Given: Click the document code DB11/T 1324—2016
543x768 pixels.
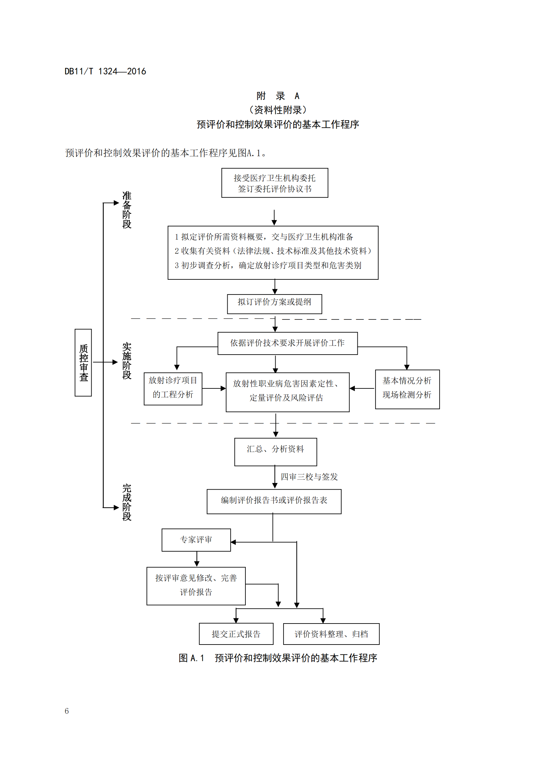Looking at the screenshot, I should click(x=105, y=71).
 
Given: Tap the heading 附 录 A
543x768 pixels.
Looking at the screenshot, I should click(x=277, y=96).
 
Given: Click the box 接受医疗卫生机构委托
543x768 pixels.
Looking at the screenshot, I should click(x=274, y=183).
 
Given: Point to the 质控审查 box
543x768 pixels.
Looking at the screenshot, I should click(x=83, y=362).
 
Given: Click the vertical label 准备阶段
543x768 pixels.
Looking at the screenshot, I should click(x=127, y=210).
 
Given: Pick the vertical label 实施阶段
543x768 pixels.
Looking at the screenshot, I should click(x=127, y=361).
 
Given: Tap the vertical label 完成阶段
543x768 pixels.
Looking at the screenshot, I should click(x=127, y=502).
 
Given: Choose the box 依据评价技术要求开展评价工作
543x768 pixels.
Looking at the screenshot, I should click(x=287, y=343).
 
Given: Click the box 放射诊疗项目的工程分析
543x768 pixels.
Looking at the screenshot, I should click(x=173, y=388).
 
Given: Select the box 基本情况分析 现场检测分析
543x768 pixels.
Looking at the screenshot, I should click(x=407, y=389).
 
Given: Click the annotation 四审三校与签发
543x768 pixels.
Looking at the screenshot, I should click(x=309, y=477).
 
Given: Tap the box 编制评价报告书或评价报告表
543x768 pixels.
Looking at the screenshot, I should click(x=274, y=501).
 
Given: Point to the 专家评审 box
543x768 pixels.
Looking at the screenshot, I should click(x=196, y=539).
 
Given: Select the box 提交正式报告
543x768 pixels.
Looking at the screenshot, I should click(x=236, y=633).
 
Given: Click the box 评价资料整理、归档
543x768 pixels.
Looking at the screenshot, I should click(x=331, y=633).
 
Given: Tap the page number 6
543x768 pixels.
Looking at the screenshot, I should click(x=67, y=711).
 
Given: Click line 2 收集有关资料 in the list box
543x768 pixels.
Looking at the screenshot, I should click(x=273, y=251).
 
